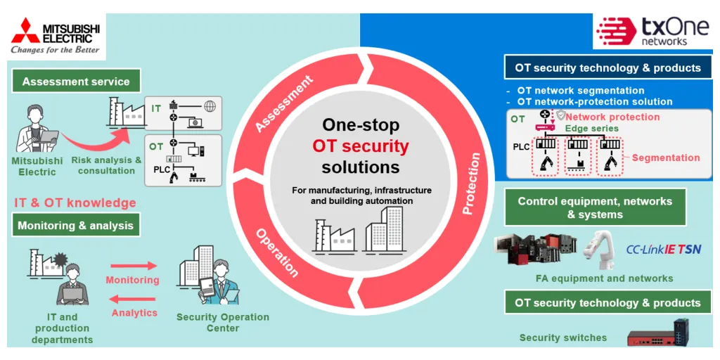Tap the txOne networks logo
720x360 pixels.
click(652, 31)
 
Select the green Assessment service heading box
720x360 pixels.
click(76, 82)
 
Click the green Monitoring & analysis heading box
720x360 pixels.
click(76, 226)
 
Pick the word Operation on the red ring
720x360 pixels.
click(277, 252)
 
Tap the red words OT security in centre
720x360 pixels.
click(361, 146)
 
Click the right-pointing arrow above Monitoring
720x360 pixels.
click(132, 265)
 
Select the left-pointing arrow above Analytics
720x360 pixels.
click(132, 300)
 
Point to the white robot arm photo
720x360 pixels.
click(599, 249)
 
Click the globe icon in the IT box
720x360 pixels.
click(210, 107)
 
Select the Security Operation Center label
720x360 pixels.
click(223, 322)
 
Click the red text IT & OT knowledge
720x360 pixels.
click(75, 202)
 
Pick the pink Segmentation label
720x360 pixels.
click(666, 157)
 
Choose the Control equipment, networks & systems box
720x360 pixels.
click(595, 208)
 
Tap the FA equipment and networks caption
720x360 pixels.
click(604, 278)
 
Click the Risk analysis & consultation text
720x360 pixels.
click(107, 165)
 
